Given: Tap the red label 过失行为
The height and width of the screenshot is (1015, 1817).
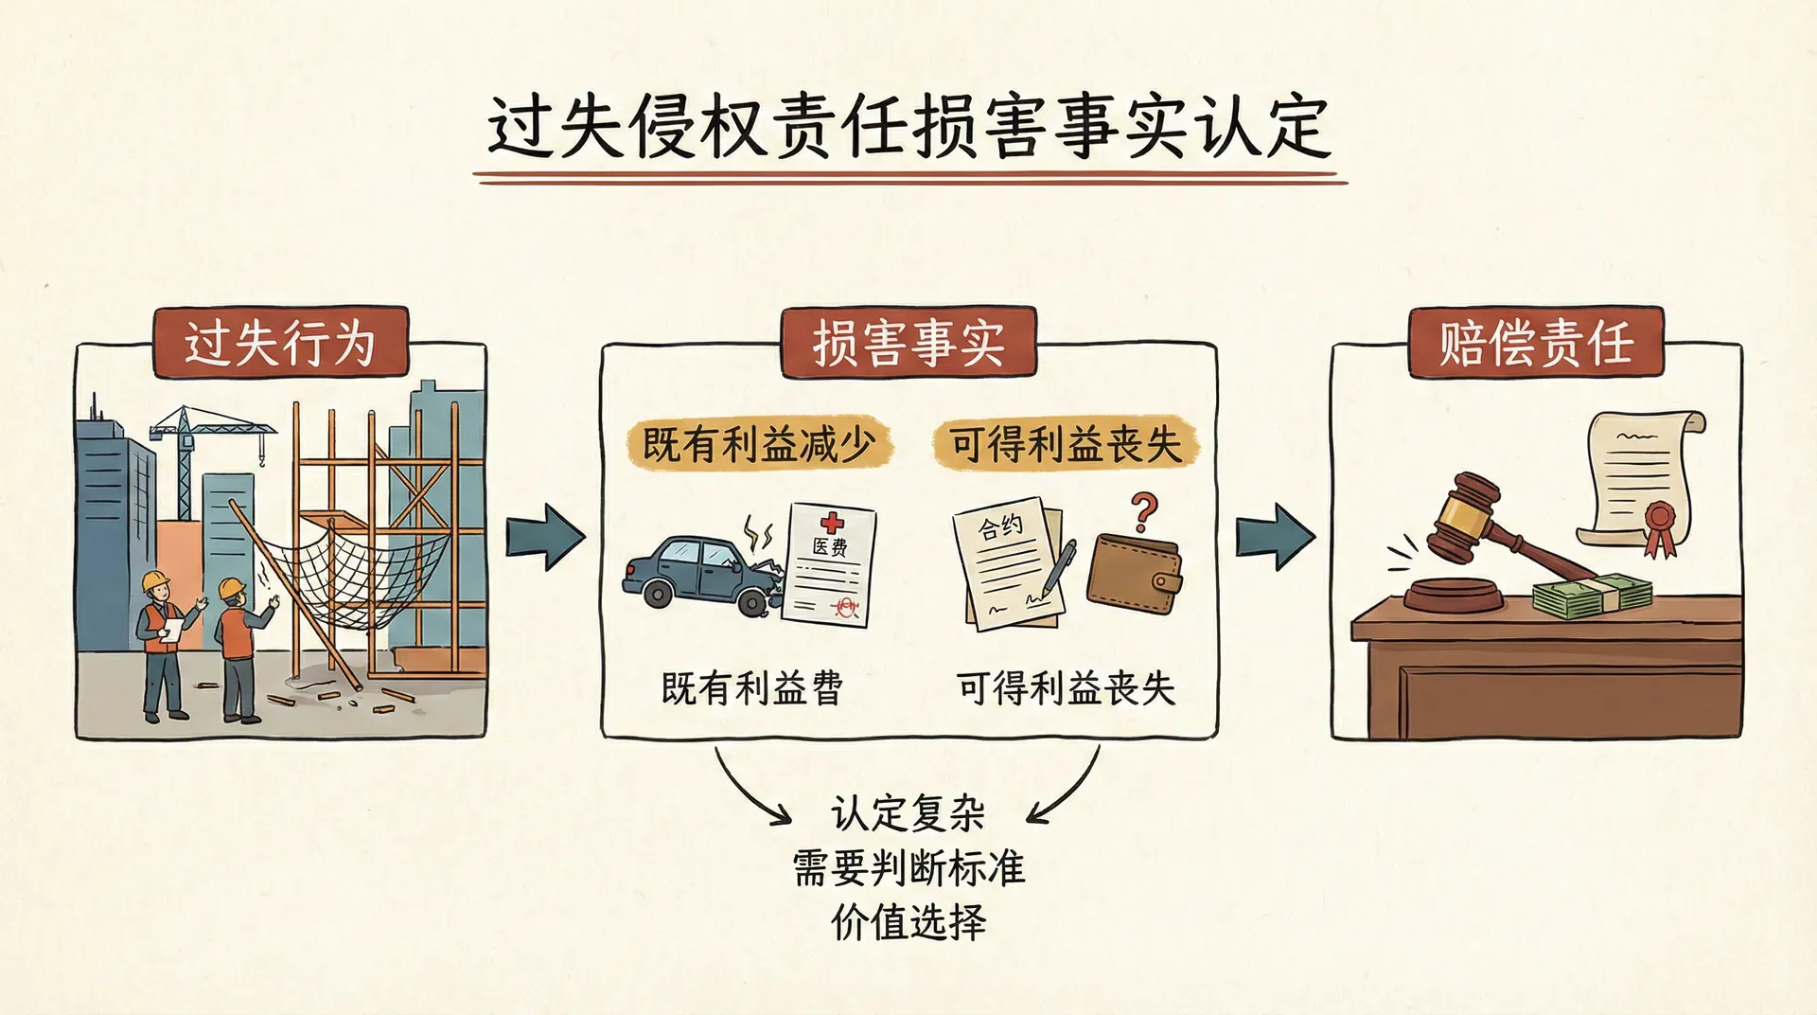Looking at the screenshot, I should pos(280,342).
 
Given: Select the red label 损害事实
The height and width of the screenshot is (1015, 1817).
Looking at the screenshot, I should pos(908,342).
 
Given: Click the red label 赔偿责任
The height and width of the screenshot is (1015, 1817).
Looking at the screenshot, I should pos(1536,342).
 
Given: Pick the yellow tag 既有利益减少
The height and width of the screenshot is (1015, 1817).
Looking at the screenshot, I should pos(758,444).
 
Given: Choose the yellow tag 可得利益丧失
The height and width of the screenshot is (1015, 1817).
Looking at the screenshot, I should pos(1066,444).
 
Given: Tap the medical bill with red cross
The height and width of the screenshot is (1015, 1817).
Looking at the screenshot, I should pos(830,563).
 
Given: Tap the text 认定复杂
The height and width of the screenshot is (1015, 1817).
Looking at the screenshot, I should pos(908,813).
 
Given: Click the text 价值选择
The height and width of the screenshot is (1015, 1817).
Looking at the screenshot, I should pos(908,921).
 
